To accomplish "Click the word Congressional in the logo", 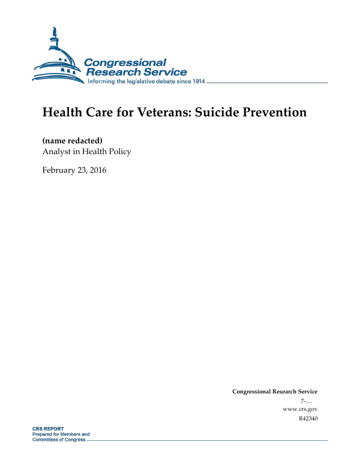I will [125, 62].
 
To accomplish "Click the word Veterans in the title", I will [158, 113].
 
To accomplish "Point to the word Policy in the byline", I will [119, 152].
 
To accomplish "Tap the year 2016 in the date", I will [97, 170].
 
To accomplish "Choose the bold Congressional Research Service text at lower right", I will [274, 392].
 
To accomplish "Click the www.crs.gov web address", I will [299, 409].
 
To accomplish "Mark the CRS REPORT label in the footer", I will [48, 429].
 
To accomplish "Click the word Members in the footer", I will [70, 434].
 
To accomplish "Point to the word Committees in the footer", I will [45, 439].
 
